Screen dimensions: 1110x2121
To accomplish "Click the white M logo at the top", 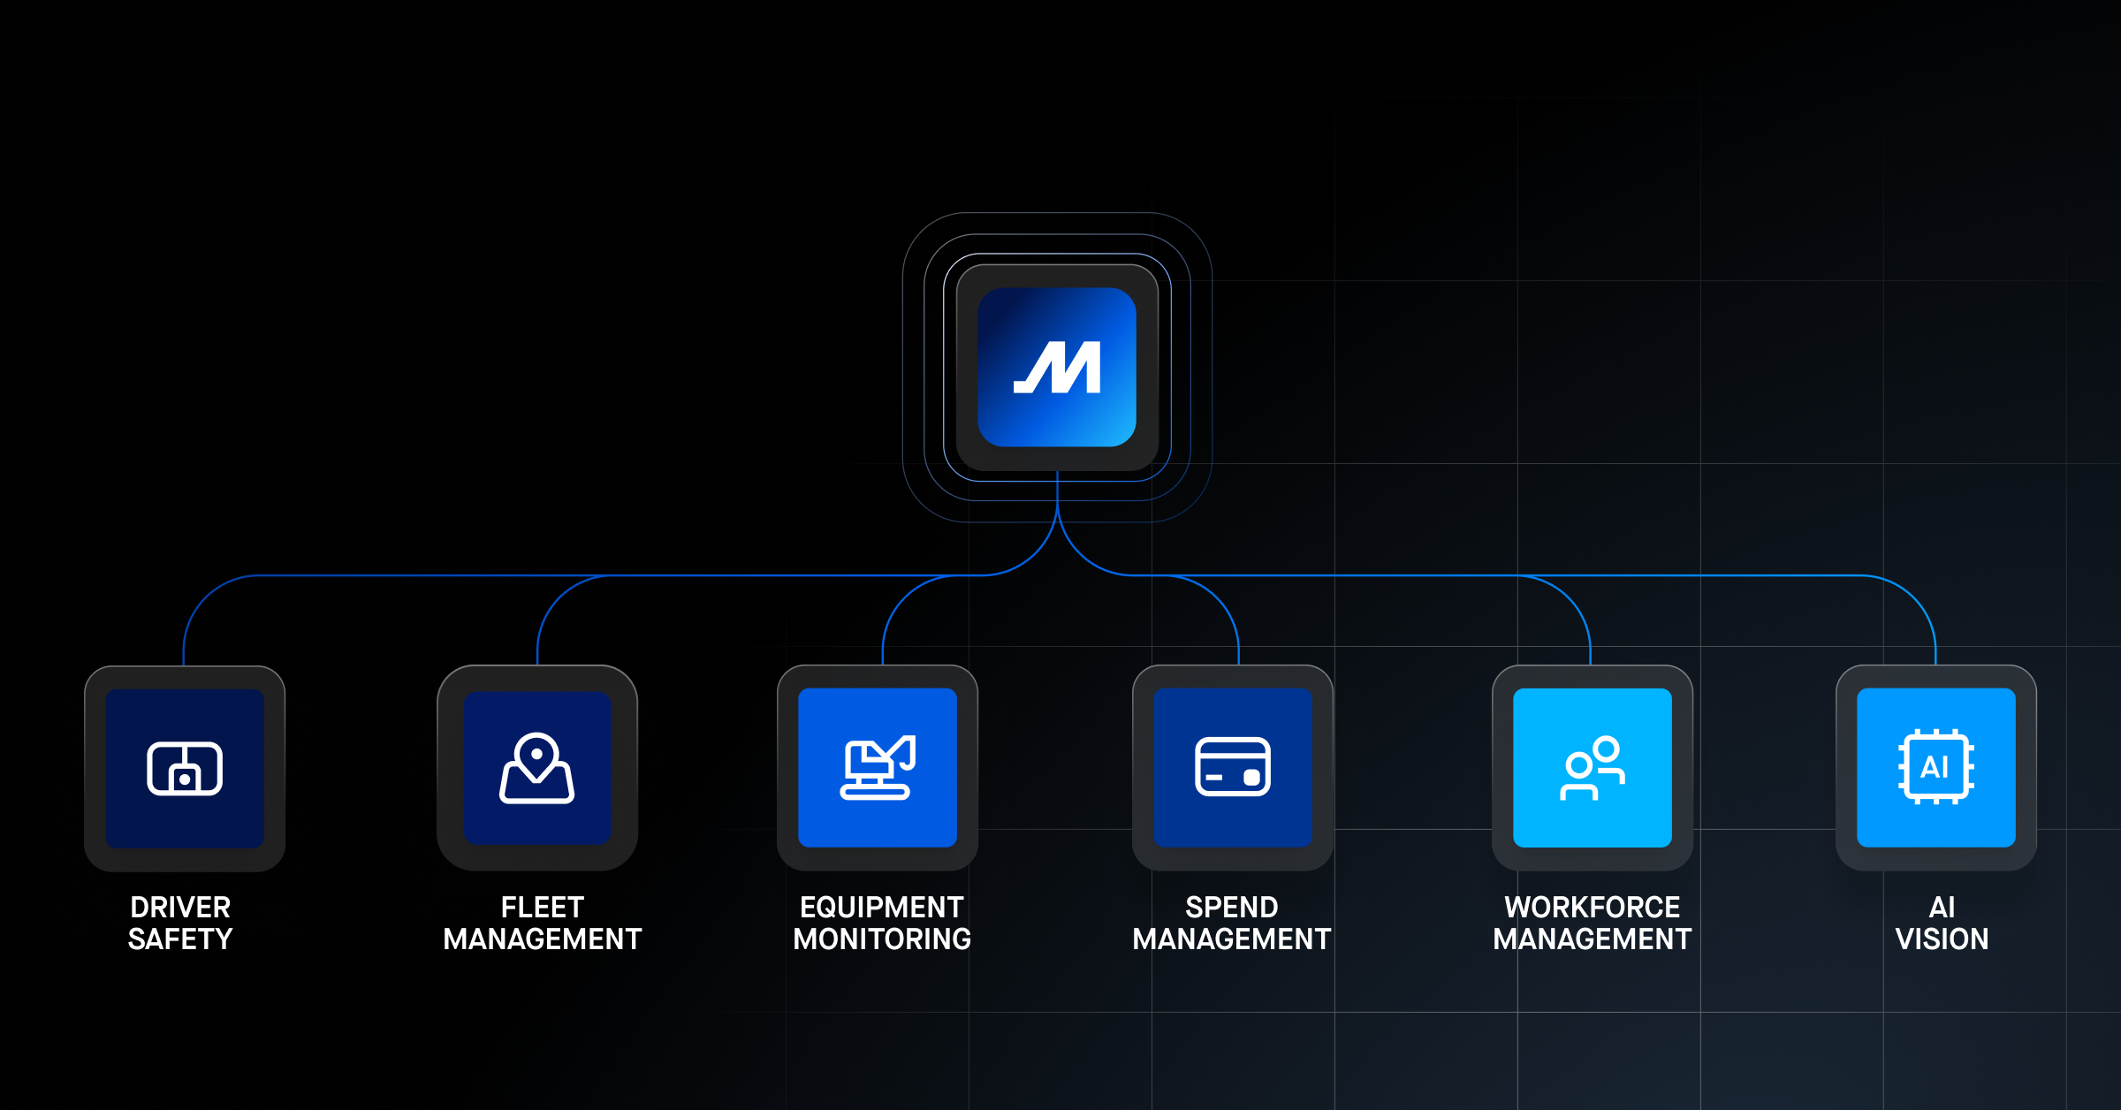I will pyautogui.click(x=1057, y=367).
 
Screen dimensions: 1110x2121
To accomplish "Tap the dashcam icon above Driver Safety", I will pyautogui.click(x=185, y=768).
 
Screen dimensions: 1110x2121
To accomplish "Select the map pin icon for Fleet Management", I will pyautogui.click(x=537, y=768).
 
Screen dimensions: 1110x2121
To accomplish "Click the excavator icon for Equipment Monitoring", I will pyautogui.click(x=878, y=767).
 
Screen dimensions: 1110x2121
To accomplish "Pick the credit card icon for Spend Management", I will pyautogui.click(x=1233, y=766).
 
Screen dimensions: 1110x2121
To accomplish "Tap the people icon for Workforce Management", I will pyautogui.click(x=1593, y=767).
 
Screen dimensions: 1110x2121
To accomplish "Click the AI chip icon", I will pyautogui.click(x=1935, y=766).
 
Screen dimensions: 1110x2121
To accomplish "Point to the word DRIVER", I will pyautogui.click(x=180, y=907).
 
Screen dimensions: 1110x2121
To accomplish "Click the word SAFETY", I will pyautogui.click(x=180, y=939).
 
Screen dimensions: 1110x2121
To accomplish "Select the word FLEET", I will pyautogui.click(x=543, y=907).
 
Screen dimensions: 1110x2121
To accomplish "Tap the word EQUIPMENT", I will pyautogui.click(x=882, y=907).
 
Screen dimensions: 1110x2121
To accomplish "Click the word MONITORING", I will pyautogui.click(x=882, y=939).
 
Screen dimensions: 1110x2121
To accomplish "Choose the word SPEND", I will pyautogui.click(x=1232, y=907).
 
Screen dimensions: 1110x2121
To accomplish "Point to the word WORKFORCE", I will pyautogui.click(x=1593, y=907).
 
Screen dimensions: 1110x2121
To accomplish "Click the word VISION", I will pyautogui.click(x=1942, y=939).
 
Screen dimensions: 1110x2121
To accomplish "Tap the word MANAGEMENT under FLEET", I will pyautogui.click(x=543, y=939).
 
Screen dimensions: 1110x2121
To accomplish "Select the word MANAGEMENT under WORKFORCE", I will pyautogui.click(x=1593, y=939).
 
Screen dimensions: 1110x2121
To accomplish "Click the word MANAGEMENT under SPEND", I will pyautogui.click(x=1232, y=939).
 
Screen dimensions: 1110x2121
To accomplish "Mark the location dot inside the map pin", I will pyautogui.click(x=536, y=754).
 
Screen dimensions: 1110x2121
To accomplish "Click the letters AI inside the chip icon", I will pyautogui.click(x=1935, y=766).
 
